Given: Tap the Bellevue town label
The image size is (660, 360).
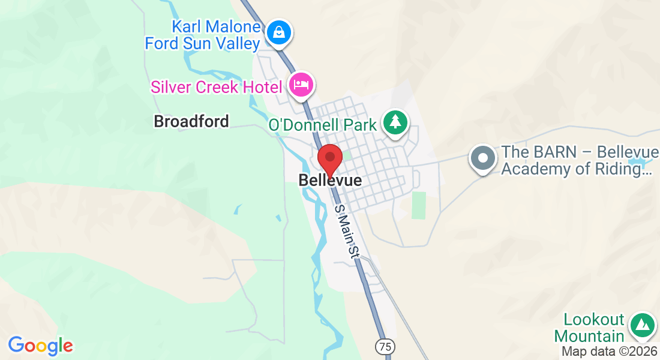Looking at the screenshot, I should pos(330,181).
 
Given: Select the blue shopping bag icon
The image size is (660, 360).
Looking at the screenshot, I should pos(279,33).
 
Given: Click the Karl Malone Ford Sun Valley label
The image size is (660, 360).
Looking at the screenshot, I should pos(203,35).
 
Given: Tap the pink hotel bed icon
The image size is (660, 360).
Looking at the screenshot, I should pos(300,85).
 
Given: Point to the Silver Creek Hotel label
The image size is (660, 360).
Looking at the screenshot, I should pos(216,87).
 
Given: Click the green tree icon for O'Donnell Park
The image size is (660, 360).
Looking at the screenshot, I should pos(395,122).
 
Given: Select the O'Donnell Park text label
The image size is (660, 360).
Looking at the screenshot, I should pos(322,125).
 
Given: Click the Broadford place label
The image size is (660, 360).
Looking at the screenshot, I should pos(191,121).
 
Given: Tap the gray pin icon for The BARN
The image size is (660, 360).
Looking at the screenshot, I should pos(483,158).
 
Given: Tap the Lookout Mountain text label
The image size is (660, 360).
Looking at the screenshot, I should pos(589,328).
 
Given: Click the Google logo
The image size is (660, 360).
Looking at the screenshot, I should pos(40,346).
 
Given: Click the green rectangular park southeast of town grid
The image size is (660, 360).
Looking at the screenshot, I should pos(419,205).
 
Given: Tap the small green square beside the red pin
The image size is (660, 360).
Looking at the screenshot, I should pos(346,155).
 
